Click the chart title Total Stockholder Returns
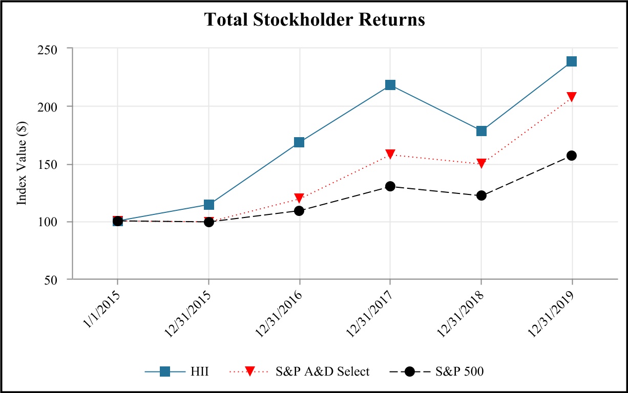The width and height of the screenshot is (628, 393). tap(315, 19)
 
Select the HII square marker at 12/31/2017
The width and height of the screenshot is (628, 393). tap(390, 85)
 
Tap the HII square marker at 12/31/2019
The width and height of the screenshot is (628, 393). tap(572, 61)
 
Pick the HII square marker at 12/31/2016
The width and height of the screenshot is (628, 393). tap(299, 142)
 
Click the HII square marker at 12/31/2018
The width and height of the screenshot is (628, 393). tap(481, 130)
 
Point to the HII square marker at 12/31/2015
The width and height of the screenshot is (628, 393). tap(208, 205)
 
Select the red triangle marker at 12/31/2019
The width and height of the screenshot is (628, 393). tap(572, 97)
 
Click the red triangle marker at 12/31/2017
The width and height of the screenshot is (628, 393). tap(390, 154)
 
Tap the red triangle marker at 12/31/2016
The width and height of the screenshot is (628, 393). tap(299, 198)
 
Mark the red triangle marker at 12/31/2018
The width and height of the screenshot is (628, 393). tap(481, 163)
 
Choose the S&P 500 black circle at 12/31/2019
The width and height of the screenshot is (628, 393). tap(572, 156)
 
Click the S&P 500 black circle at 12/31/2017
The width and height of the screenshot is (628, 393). tap(390, 186)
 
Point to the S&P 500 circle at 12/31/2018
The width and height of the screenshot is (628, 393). tap(481, 195)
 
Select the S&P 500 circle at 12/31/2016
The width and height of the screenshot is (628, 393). tap(299, 211)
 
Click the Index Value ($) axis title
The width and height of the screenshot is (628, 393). tap(22, 164)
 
